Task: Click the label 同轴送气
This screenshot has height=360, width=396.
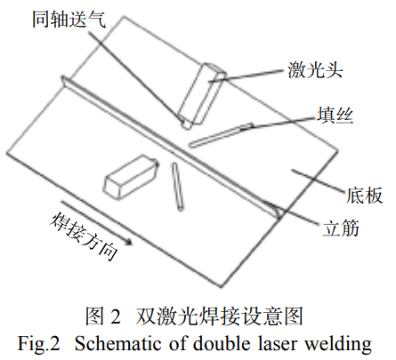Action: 57,19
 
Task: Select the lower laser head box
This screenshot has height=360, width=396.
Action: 130,175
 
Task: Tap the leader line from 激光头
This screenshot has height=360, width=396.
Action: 254,74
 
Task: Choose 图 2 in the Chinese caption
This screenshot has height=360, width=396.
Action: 102,316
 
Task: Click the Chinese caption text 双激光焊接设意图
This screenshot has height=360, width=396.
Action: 222,316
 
